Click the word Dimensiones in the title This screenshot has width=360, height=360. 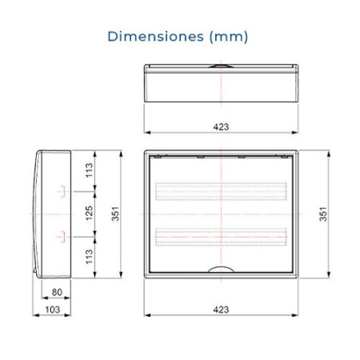[155, 36]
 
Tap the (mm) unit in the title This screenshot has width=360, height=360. [229, 37]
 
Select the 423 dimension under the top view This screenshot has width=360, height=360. [221, 126]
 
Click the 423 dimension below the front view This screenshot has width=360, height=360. [221, 310]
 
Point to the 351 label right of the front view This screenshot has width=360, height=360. [323, 214]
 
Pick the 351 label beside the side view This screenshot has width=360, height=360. [115, 214]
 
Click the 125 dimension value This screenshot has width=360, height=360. [89, 213]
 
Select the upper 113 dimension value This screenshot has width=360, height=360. [89, 170]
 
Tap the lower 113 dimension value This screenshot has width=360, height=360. [89, 257]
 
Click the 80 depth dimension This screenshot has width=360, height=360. [57, 292]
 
